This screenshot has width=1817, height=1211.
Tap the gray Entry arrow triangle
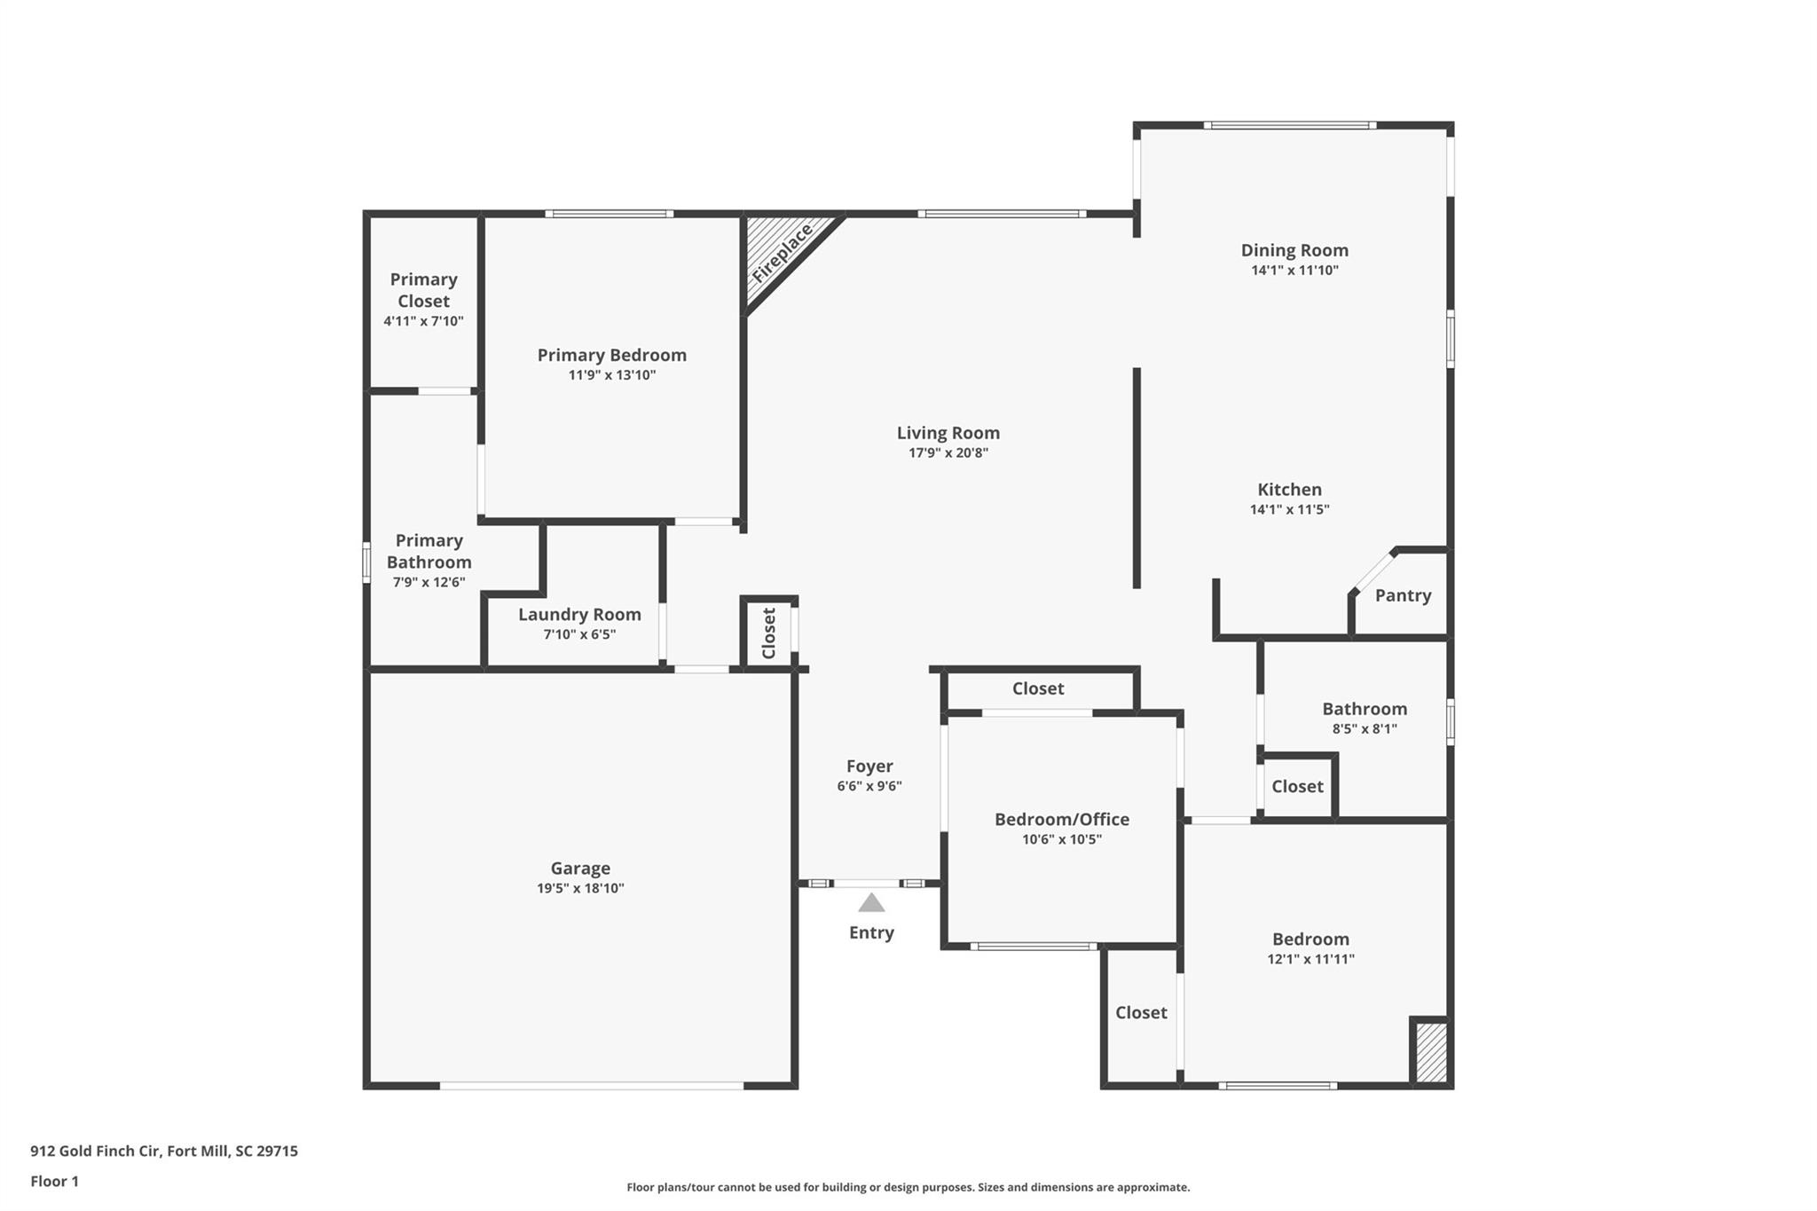[871, 903]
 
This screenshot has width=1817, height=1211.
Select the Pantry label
[1403, 595]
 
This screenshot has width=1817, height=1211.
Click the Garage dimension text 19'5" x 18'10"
[580, 888]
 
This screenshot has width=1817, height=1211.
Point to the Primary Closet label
[423, 290]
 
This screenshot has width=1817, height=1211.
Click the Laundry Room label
[579, 614]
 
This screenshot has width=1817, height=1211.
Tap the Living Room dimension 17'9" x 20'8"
[948, 452]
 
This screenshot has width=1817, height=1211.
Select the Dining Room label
[1294, 250]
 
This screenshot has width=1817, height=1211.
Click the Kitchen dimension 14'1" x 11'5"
[1289, 509]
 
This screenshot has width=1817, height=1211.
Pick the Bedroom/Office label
[1061, 819]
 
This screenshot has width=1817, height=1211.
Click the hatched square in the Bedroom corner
[1430, 1053]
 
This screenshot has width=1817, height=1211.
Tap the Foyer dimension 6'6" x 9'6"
[869, 786]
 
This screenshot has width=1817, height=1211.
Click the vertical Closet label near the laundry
[769, 633]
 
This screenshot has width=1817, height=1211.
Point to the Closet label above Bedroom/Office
[1037, 688]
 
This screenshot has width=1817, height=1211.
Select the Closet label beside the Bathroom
[1296, 786]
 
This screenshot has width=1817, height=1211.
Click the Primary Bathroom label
[429, 551]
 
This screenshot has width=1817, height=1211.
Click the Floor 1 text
[55, 1181]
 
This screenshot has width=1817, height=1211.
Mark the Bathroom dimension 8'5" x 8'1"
[1364, 728]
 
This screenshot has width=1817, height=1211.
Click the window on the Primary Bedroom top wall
[609, 214]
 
